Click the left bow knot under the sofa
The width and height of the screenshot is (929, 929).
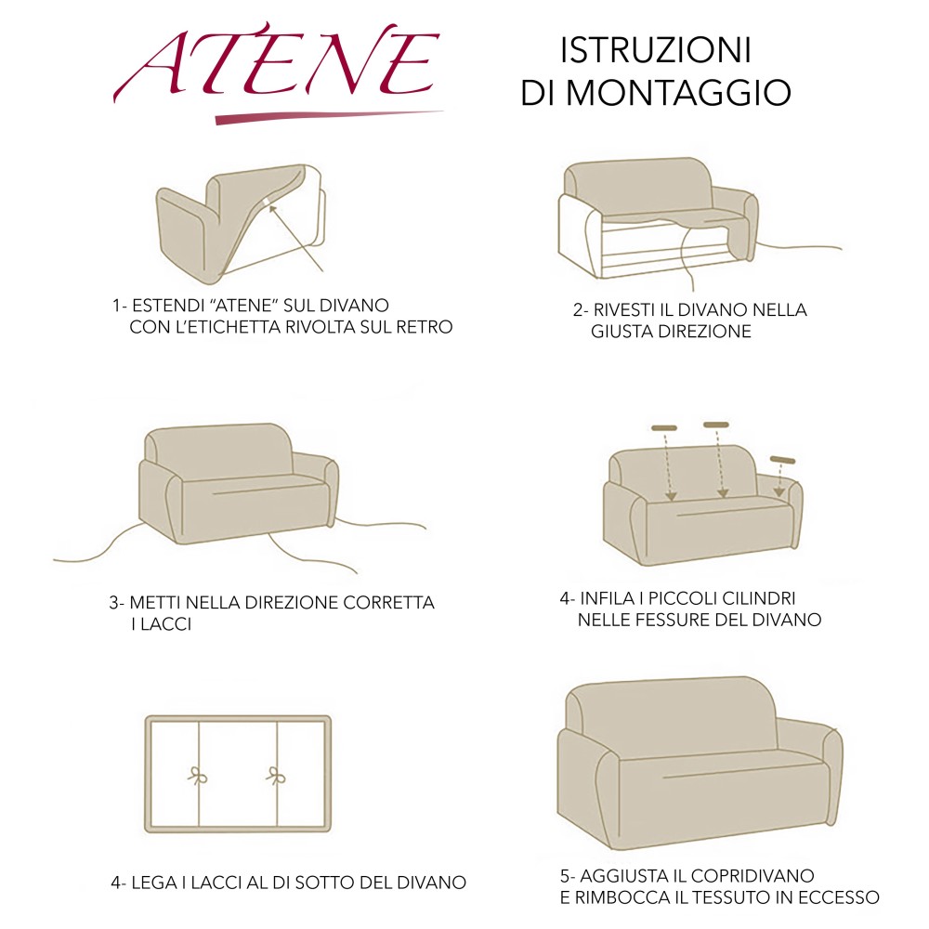point(197,776)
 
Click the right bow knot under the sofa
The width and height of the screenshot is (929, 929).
point(276,776)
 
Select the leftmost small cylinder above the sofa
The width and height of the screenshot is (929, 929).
point(664,428)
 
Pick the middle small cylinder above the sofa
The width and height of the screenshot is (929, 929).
point(716,425)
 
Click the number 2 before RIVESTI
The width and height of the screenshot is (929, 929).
point(577,310)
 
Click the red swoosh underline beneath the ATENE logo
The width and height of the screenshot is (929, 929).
point(325,116)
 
